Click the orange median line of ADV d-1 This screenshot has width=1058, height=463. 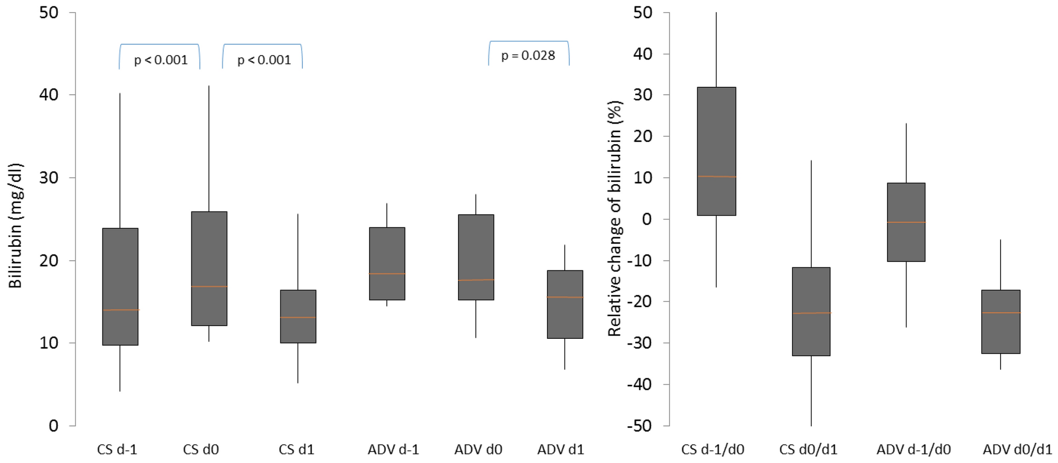tap(387, 274)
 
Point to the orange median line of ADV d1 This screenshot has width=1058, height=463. tap(565, 297)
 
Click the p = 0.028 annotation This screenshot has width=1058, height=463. tap(528, 55)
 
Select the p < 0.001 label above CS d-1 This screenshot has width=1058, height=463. tap(161, 60)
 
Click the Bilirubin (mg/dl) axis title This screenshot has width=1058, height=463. tap(16, 225)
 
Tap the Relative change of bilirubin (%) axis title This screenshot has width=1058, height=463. tap(615, 218)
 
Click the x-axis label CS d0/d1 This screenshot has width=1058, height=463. tap(808, 449)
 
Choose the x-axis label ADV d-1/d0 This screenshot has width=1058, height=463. tap(913, 449)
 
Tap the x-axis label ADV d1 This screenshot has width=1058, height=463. tap(561, 449)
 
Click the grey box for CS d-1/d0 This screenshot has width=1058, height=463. tap(716, 132)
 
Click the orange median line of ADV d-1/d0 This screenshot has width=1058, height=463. tap(906, 222)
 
